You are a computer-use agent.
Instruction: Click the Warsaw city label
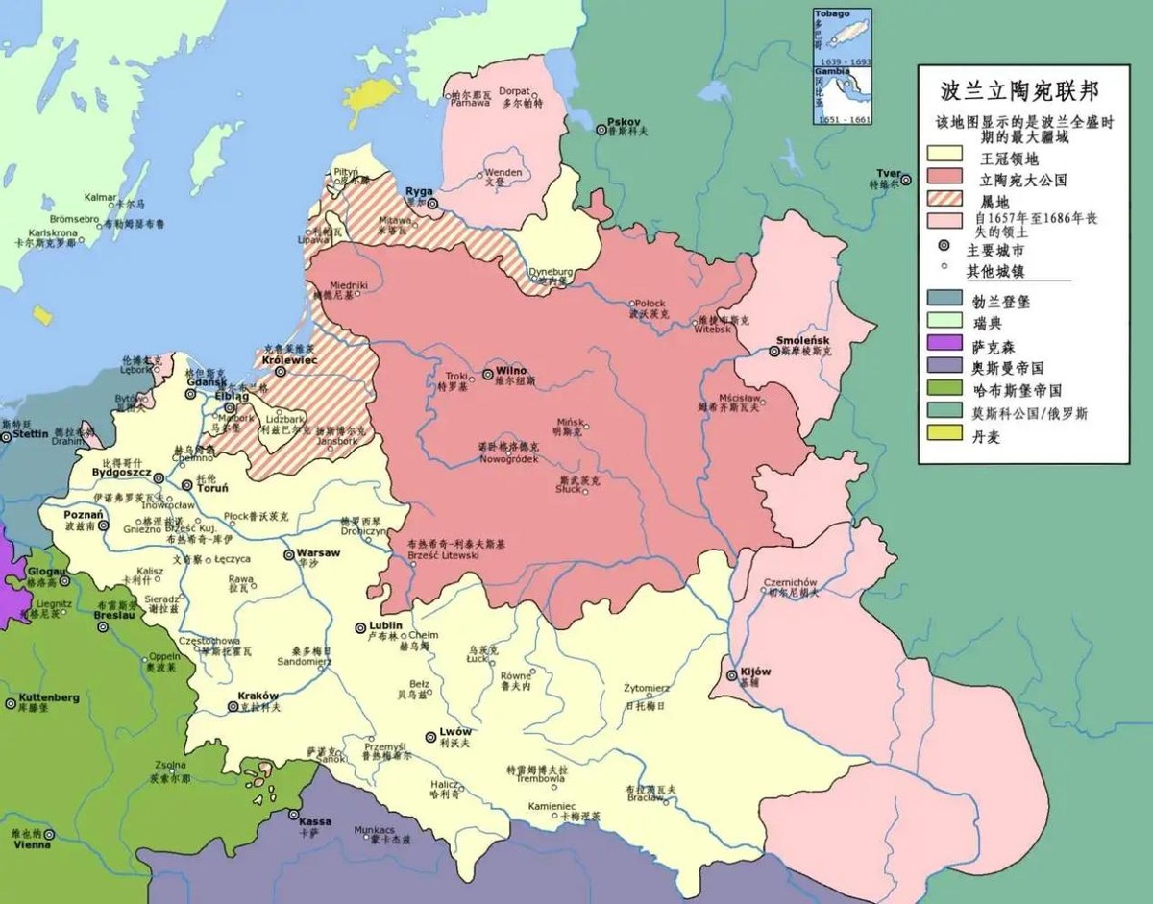[319, 553]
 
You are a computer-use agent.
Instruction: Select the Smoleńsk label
[803, 341]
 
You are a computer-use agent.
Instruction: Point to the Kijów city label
[755, 672]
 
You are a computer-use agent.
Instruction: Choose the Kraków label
[258, 696]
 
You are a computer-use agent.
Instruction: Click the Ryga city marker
[433, 204]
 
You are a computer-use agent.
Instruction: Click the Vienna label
[32, 844]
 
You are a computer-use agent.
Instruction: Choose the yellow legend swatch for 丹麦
[946, 435]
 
